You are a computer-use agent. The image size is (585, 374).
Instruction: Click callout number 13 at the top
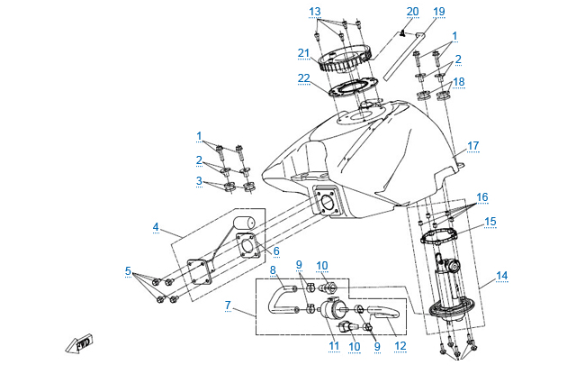tap(314, 11)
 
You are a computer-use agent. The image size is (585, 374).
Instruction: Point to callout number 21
tap(303, 53)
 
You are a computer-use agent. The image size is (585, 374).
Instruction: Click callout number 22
tap(303, 78)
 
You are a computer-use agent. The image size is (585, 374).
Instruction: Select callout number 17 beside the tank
tap(472, 144)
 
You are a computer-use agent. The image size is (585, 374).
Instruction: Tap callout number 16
tap(482, 196)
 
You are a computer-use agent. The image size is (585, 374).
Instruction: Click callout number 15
tap(490, 221)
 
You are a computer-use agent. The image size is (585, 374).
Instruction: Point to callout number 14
tap(501, 276)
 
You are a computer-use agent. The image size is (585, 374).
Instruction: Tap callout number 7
tap(228, 306)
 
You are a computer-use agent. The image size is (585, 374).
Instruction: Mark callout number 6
tap(276, 251)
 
